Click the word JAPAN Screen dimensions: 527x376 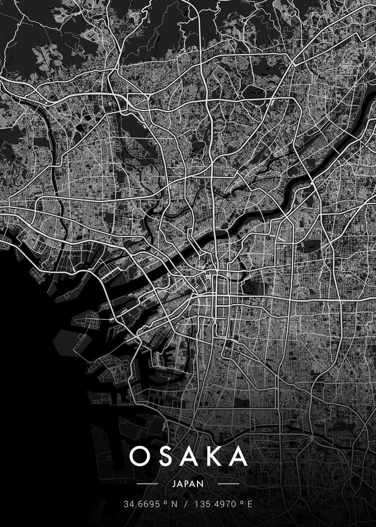(x=188, y=484)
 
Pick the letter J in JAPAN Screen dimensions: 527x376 (x=175, y=484)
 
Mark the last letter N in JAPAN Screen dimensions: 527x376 (x=201, y=484)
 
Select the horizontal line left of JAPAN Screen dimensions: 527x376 (x=147, y=484)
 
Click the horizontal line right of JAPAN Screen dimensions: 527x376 (x=228, y=484)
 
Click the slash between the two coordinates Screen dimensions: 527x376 (x=185, y=504)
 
